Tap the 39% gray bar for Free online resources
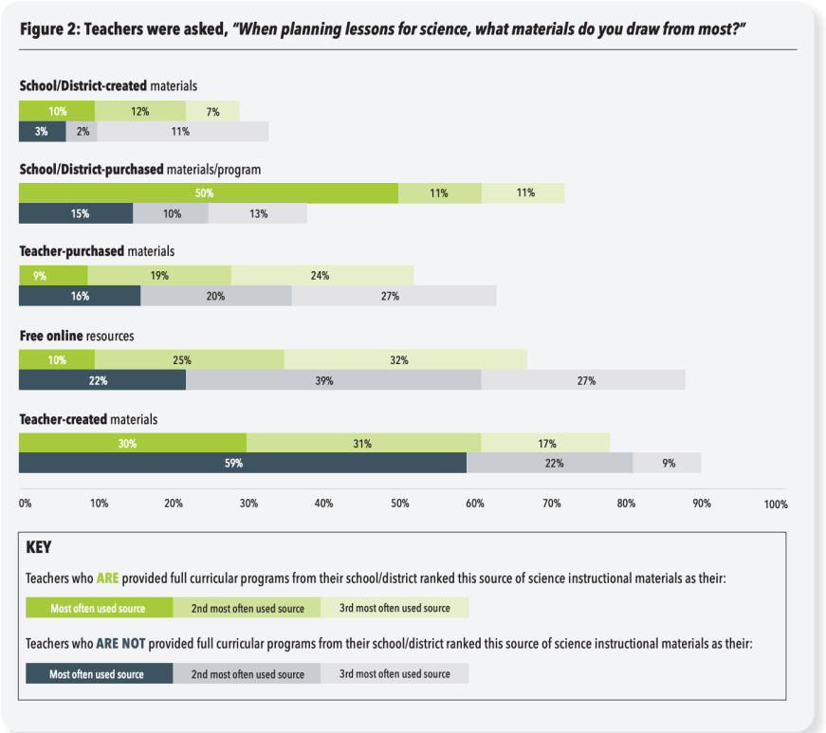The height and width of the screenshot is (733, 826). click(x=334, y=380)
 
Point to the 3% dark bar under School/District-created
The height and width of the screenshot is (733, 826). click(x=43, y=132)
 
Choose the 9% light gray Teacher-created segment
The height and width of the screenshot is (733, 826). click(x=668, y=464)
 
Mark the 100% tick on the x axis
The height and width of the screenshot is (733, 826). click(x=775, y=504)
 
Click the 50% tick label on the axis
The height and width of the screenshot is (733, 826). click(x=400, y=504)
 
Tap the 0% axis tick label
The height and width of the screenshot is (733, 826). click(x=26, y=504)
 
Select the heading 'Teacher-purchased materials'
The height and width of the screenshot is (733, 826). click(x=97, y=252)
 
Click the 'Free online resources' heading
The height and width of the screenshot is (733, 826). click(x=77, y=336)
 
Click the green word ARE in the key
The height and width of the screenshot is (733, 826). click(x=107, y=577)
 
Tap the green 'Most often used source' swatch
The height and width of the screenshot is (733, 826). click(x=99, y=608)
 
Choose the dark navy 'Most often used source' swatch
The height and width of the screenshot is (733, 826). click(x=99, y=674)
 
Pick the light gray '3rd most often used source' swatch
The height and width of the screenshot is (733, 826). click(x=395, y=674)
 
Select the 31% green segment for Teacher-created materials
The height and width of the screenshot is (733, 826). click(x=363, y=444)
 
